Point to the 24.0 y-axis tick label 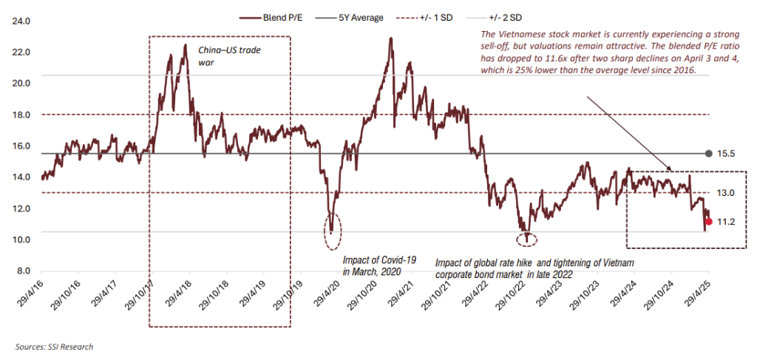(20, 21)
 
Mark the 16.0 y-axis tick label (20, 146)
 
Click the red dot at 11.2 (709, 221)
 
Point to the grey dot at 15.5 (709, 153)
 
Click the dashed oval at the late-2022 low (526, 238)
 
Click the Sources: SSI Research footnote (54, 346)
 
